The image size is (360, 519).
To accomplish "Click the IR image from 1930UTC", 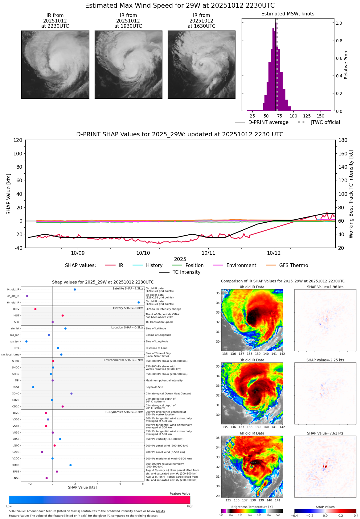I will click(x=128, y=64).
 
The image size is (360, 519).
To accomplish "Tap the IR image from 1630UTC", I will click(x=201, y=64).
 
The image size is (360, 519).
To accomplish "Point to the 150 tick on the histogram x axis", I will click(x=321, y=116).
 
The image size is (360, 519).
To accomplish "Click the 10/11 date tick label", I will click(x=208, y=253).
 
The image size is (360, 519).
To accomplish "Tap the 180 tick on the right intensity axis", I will click(x=343, y=140).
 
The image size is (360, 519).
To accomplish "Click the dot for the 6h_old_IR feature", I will click(x=139, y=303).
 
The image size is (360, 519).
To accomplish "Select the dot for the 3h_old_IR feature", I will click(x=27, y=296).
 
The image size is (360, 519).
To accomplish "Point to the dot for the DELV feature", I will click(x=35, y=309).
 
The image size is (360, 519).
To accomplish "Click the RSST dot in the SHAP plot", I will click(x=33, y=387).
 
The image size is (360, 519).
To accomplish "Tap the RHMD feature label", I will click(x=15, y=465).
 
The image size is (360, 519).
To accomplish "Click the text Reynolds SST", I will click(x=154, y=387).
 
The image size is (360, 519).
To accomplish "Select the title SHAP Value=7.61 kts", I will click(x=325, y=433).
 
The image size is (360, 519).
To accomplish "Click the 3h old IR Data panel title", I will click(x=252, y=360).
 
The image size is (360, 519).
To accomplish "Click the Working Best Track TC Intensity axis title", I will click(x=351, y=194).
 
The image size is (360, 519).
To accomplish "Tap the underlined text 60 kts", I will click(x=160, y=511).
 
